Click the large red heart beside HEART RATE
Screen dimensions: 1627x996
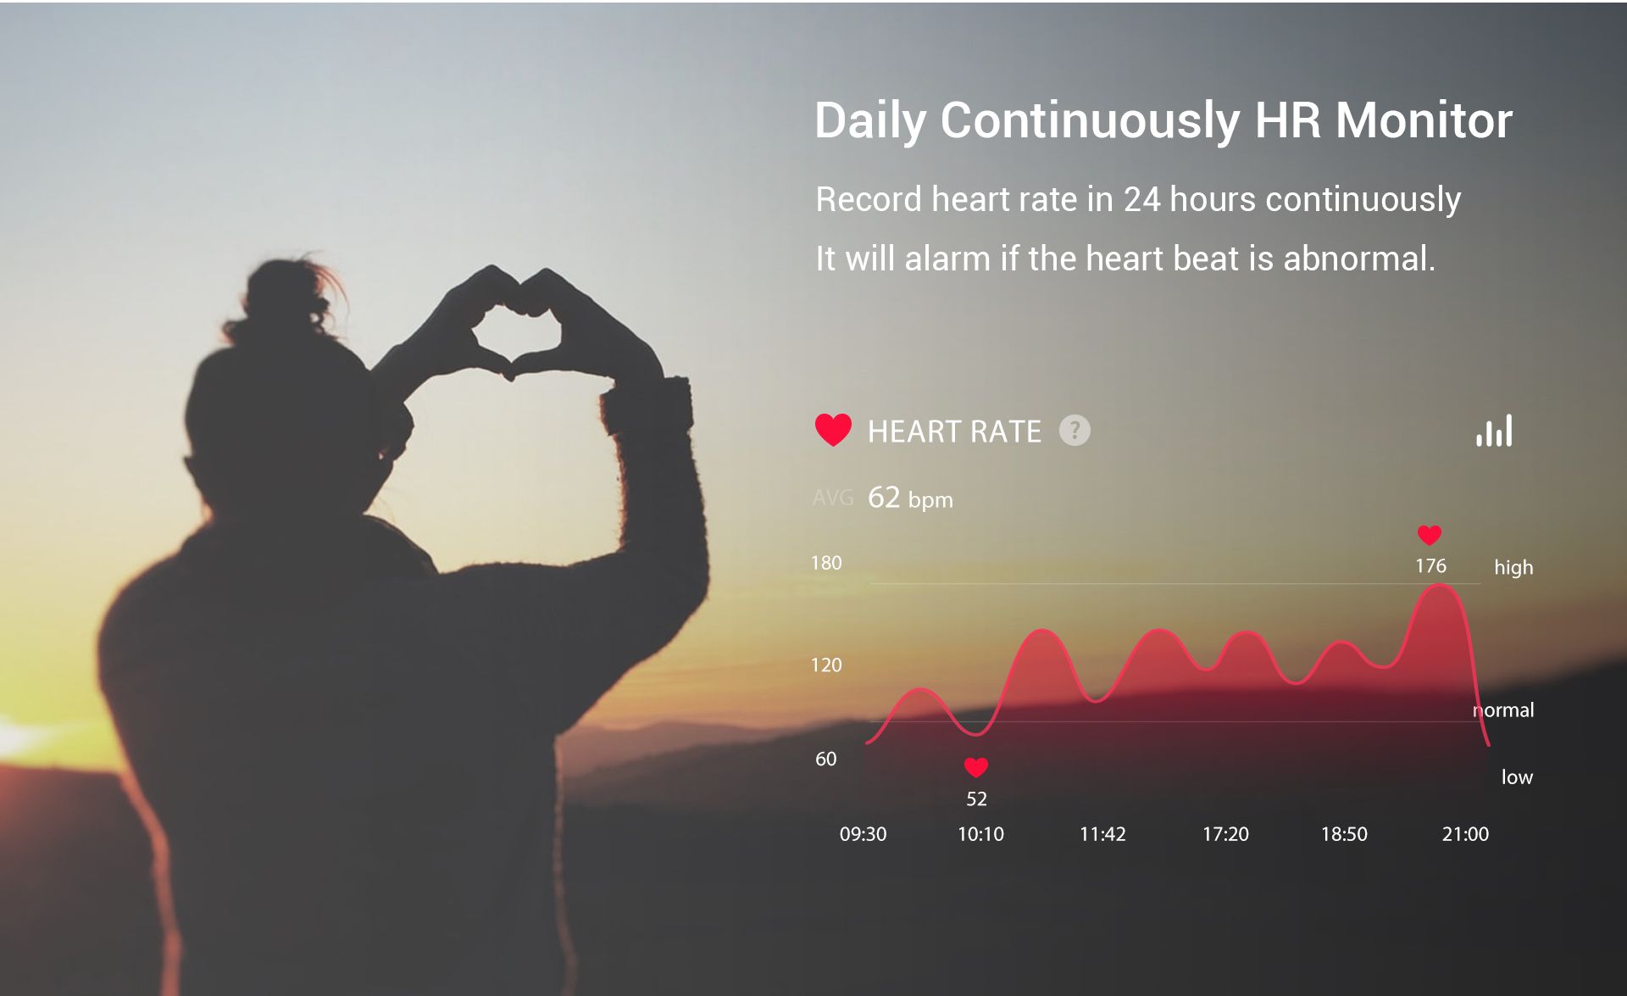click(833, 430)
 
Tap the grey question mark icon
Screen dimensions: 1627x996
click(1074, 431)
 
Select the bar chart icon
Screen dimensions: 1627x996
click(1494, 431)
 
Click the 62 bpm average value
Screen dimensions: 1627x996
click(910, 498)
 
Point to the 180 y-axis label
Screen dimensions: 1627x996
click(826, 563)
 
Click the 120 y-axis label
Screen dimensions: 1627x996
click(826, 665)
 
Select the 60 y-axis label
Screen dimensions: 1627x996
click(825, 759)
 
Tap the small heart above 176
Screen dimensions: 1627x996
click(1430, 535)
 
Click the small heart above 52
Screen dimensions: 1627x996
click(976, 767)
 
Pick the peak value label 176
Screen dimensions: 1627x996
click(1430, 565)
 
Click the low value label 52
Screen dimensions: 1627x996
click(976, 798)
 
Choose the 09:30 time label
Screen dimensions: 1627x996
click(863, 834)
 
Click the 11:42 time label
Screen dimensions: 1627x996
click(1102, 834)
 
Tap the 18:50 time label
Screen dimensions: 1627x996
click(1344, 834)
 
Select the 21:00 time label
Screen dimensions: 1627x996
click(1465, 834)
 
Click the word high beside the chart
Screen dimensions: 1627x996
click(1513, 567)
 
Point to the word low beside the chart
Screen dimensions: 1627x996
click(1517, 776)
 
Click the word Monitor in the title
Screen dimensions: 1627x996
click(1424, 120)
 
